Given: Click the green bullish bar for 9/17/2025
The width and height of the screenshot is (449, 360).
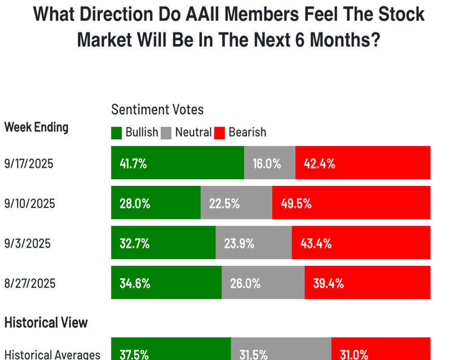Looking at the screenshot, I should tap(177, 163).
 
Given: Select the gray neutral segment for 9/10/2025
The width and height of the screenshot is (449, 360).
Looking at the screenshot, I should tap(236, 203).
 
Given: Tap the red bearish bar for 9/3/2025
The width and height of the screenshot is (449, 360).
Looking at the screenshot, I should tap(361, 243).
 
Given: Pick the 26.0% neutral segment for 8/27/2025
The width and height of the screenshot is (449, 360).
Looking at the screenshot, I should tap(263, 283).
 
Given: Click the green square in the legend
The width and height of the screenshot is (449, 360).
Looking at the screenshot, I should tap(117, 133).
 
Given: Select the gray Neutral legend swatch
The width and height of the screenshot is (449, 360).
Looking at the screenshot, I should tap(167, 133).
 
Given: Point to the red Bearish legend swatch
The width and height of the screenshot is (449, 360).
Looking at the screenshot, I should tap(220, 133).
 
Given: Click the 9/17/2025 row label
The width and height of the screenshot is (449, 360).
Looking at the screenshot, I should tap(29, 164).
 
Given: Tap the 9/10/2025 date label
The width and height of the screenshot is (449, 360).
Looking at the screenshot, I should tap(29, 203).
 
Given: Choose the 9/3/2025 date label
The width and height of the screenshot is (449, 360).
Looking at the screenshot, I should tap(27, 243).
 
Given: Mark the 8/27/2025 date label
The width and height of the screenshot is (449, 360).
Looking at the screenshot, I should tap(29, 283).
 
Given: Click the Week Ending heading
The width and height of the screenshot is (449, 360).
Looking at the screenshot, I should tap(36, 127).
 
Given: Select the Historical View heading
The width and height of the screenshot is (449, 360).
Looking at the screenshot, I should tap(46, 323).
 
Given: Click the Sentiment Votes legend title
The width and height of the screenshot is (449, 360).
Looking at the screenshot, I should tap(157, 109).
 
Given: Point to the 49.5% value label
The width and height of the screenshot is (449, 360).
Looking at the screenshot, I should tap(296, 203).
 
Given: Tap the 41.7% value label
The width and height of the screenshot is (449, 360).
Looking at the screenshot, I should tap(133, 164).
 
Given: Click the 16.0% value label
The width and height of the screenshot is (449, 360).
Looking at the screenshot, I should tap(266, 164).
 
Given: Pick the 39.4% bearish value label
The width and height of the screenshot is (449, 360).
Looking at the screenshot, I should tap(328, 283).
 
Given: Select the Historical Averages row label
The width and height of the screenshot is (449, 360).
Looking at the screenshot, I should tap(52, 355).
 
